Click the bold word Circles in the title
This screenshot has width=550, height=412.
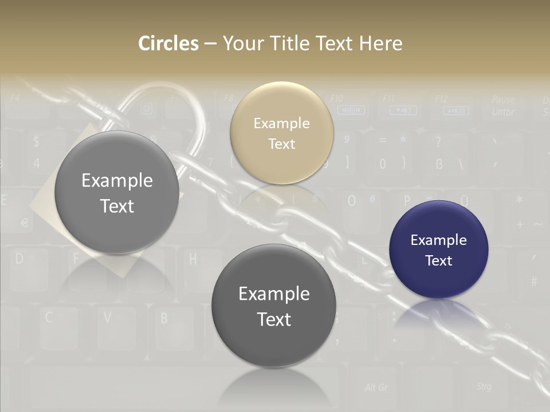[x=168, y=43]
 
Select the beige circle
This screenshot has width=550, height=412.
[x=281, y=133]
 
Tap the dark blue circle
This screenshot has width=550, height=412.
[x=438, y=249]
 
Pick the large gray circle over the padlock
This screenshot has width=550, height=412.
[x=117, y=193]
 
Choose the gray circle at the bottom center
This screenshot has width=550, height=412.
[x=274, y=306]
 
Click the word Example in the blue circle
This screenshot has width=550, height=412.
[x=438, y=240]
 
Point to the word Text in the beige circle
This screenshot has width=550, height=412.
[x=281, y=144]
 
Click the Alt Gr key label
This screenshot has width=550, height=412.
[x=376, y=387]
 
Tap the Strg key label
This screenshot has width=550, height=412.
[x=484, y=387]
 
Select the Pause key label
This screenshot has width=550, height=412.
[x=502, y=100]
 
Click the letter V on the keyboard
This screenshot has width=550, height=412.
[x=107, y=316]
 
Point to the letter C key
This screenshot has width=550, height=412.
[x=49, y=316]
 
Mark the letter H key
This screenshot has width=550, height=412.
[x=192, y=259]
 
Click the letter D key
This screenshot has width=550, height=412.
[x=19, y=259]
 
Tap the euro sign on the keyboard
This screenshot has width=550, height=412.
[x=25, y=222]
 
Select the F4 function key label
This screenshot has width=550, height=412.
[x=15, y=98]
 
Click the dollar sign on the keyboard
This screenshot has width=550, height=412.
[x=37, y=141]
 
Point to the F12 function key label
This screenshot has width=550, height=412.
[x=441, y=99]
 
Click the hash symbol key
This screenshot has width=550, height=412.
[x=533, y=281]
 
